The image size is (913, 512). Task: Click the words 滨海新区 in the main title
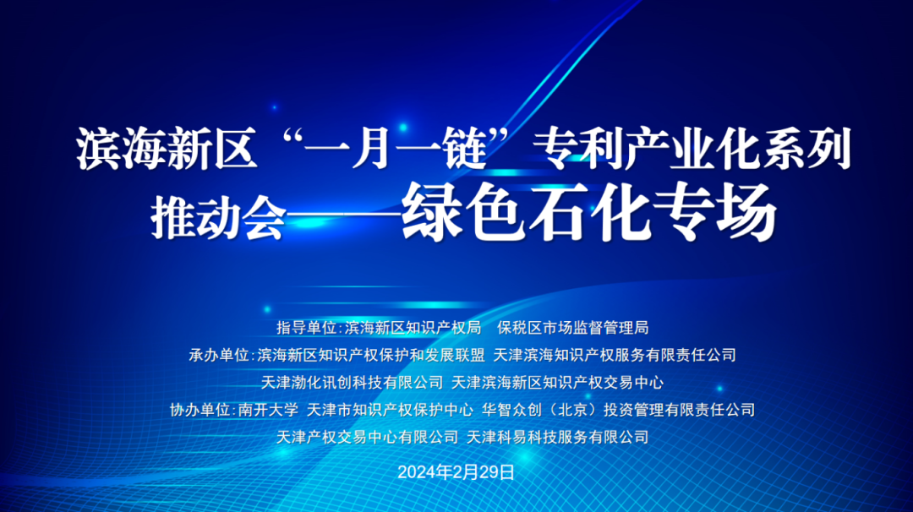click(167, 150)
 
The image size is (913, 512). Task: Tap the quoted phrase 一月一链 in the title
click(394, 150)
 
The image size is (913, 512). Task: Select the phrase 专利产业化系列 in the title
click(692, 150)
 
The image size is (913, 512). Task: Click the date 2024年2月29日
click(456, 471)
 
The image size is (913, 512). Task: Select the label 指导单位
click(306, 328)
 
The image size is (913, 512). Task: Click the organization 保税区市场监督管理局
click(573, 328)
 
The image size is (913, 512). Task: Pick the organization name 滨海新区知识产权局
click(413, 328)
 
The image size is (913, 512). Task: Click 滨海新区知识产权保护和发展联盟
click(371, 355)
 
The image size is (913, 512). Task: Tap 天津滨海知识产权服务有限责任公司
click(615, 355)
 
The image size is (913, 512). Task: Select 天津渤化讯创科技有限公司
click(353, 382)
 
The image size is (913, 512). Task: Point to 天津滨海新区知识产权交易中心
click(558, 382)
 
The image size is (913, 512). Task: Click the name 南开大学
click(269, 410)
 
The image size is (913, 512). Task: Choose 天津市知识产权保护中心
click(390, 410)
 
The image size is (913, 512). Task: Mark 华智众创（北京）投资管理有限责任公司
click(618, 410)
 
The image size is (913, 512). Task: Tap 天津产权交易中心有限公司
click(368, 437)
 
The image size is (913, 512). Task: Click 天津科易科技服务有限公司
click(558, 437)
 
